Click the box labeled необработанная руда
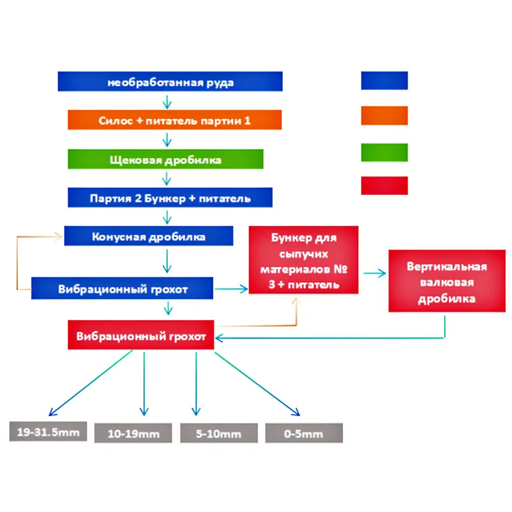point(170,82)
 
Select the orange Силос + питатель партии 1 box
point(175,120)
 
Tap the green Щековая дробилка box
point(165,159)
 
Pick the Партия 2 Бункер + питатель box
point(170,198)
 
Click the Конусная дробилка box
point(148,236)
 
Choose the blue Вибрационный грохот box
point(122,289)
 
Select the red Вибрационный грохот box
point(141,336)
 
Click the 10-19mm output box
point(134,433)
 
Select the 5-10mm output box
point(219,433)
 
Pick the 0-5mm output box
point(304,433)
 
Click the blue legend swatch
point(384,81)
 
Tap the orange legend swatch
point(384,116)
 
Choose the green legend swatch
point(384,152)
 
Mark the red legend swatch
point(384,186)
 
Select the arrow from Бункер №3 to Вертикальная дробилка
point(374,273)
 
